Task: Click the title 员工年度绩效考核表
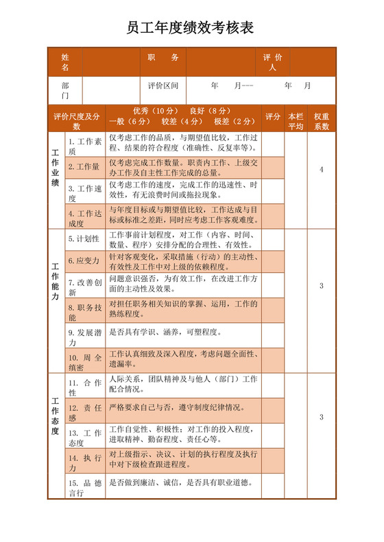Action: click(191, 28)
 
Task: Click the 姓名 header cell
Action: click(65, 62)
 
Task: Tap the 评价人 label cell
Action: click(272, 62)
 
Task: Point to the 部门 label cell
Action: click(65, 90)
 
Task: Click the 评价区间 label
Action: click(163, 86)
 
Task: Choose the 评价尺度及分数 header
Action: click(77, 121)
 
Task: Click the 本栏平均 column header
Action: click(296, 121)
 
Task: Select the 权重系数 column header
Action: click(322, 121)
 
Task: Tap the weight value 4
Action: click(322, 170)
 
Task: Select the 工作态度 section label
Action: click(56, 417)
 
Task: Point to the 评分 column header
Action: click(273, 116)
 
